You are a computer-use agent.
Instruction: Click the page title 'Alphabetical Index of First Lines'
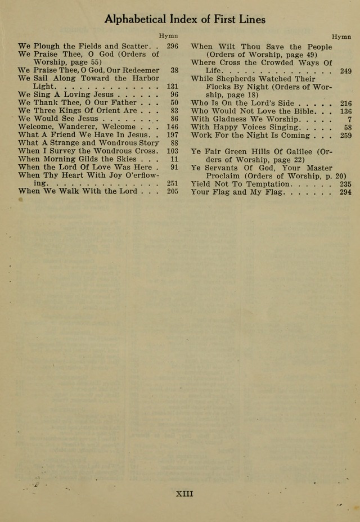click(x=184, y=19)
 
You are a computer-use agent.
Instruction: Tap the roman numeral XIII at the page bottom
click(x=184, y=494)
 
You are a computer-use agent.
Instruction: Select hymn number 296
click(x=172, y=46)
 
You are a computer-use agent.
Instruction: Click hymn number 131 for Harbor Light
click(x=172, y=87)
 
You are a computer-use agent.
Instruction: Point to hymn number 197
click(x=172, y=135)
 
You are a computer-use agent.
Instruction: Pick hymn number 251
click(x=172, y=183)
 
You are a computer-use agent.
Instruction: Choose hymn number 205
click(x=172, y=191)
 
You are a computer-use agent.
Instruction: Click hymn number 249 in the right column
click(x=346, y=71)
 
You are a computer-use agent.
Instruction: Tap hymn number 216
click(x=346, y=103)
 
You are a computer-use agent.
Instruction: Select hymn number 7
click(x=349, y=119)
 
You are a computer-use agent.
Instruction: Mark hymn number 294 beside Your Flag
click(x=346, y=192)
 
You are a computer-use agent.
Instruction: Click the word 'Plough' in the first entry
click(x=47, y=46)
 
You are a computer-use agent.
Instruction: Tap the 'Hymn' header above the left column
click(x=168, y=35)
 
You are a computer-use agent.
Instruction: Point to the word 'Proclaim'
click(x=223, y=176)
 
